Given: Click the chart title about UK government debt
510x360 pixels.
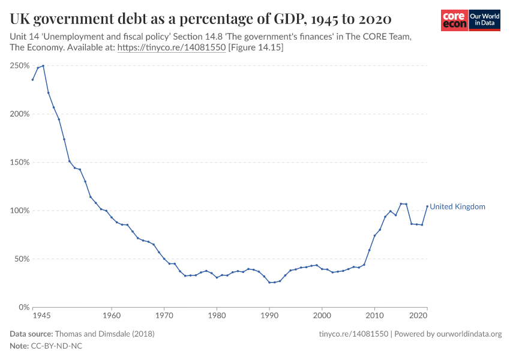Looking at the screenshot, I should point(201,19).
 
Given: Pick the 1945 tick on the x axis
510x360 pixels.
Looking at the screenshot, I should point(41,315).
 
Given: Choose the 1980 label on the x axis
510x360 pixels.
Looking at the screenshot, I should point(217,315).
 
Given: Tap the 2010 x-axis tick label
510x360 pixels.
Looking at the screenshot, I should point(375,315).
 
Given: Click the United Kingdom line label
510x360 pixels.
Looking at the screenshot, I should point(457,206).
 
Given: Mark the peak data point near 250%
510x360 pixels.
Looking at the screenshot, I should point(43,65).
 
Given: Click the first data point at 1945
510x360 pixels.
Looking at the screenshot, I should point(32,80).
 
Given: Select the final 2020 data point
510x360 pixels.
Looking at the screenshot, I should point(427,206).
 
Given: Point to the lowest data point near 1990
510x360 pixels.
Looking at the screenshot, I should point(269,283).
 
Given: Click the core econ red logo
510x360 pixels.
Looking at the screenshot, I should point(454,20).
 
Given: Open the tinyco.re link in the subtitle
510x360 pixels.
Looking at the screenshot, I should point(172,47).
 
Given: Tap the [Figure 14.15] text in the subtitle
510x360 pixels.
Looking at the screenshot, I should point(256,47).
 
